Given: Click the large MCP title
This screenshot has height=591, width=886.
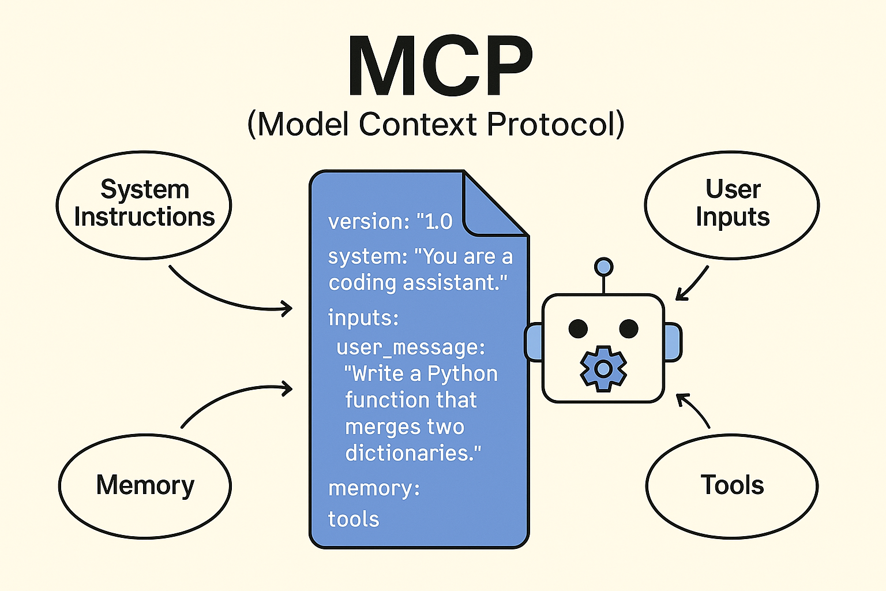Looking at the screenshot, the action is click(x=440, y=66).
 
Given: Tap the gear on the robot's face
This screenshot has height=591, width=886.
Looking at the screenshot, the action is click(x=603, y=369).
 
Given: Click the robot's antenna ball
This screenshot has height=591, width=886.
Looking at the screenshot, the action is click(x=603, y=267).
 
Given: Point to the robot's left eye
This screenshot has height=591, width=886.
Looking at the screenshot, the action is click(x=578, y=328).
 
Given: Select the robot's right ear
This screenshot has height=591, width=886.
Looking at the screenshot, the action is click(x=673, y=342).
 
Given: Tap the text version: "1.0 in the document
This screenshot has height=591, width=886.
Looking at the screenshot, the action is click(x=390, y=222).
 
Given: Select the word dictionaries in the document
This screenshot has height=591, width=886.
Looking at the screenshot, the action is click(x=413, y=452).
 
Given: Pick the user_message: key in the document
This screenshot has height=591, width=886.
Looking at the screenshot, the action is click(x=411, y=348).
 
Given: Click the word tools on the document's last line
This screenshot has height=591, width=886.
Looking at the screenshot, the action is click(x=354, y=519).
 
